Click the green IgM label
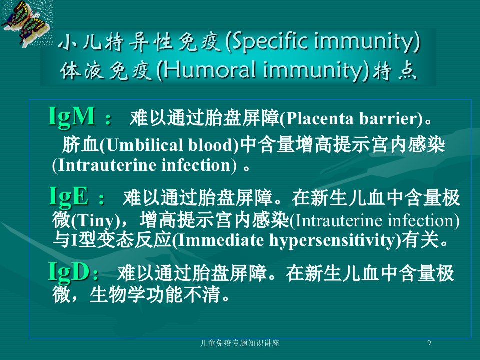point(72,116)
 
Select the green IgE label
point(69,196)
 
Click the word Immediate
point(221,240)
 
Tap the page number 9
point(429,343)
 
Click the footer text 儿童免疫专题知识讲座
point(240,343)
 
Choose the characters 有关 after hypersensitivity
point(420,240)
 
